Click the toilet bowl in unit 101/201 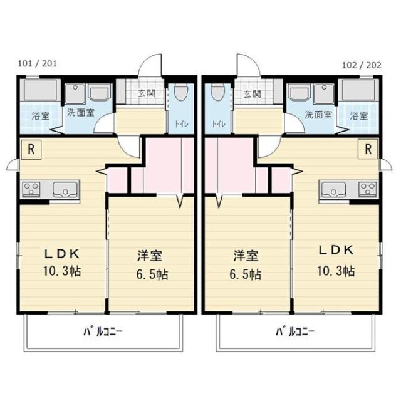(x=181, y=92)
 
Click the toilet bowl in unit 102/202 (x=218, y=92)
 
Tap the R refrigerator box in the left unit (x=31, y=149)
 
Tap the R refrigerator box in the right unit (x=368, y=149)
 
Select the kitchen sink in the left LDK (x=65, y=189)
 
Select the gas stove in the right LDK (x=368, y=189)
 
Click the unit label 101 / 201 (x=37, y=63)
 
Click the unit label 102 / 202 (x=362, y=65)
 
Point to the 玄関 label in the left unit (x=147, y=93)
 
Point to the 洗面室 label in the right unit (x=318, y=115)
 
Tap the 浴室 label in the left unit (x=41, y=116)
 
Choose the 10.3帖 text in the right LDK (x=336, y=271)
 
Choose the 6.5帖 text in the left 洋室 (x=152, y=274)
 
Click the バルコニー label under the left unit (x=103, y=332)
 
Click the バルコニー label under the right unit (x=295, y=332)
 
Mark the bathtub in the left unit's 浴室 (x=40, y=90)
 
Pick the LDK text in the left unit (x=62, y=254)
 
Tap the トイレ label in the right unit (x=219, y=124)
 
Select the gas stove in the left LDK (x=31, y=189)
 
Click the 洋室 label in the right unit (x=246, y=256)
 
